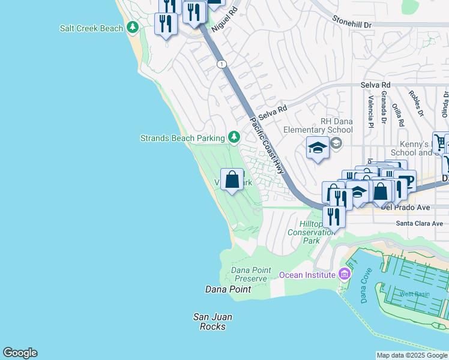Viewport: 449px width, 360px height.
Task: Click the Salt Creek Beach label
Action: click(x=91, y=28)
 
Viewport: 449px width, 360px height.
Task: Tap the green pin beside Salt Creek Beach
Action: click(x=132, y=28)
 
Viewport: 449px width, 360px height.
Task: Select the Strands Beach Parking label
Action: click(x=182, y=138)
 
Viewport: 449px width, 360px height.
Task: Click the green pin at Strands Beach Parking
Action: click(x=234, y=138)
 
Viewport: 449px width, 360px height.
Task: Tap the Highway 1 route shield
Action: click(x=222, y=64)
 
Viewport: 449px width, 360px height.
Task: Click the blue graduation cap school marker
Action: click(x=318, y=148)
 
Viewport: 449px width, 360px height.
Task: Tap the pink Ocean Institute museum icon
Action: click(x=344, y=274)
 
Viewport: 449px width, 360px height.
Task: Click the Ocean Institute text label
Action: click(x=307, y=275)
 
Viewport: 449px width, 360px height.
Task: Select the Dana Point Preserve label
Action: click(x=251, y=274)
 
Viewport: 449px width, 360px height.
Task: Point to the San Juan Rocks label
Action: click(x=212, y=322)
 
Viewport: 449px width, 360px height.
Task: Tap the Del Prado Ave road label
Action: click(x=406, y=208)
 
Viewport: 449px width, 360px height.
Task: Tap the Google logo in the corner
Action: click(x=20, y=353)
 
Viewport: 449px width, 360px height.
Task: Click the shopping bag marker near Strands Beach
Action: click(x=232, y=179)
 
